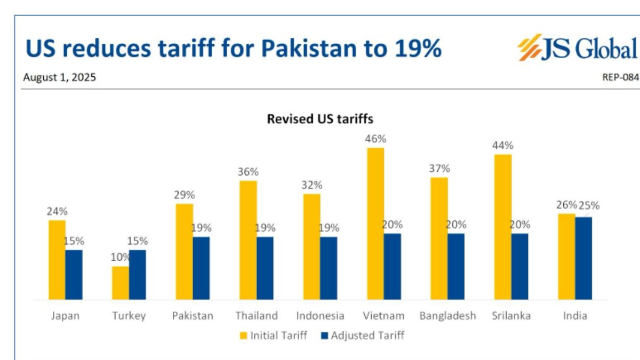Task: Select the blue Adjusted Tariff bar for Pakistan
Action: click(201, 268)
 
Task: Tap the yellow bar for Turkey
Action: click(121, 283)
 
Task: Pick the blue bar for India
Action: click(583, 258)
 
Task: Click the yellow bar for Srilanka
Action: click(503, 227)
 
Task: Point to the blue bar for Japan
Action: click(74, 275)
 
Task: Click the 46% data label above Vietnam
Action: click(375, 139)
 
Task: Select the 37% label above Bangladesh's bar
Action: click(439, 169)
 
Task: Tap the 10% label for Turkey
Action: click(119, 257)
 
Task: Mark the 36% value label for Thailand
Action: click(248, 172)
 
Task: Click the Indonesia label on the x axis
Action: click(320, 316)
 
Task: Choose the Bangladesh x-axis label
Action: click(447, 316)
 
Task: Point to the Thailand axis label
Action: click(257, 316)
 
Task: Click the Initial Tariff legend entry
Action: click(274, 336)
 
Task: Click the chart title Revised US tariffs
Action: click(320, 119)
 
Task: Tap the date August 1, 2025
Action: click(59, 77)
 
